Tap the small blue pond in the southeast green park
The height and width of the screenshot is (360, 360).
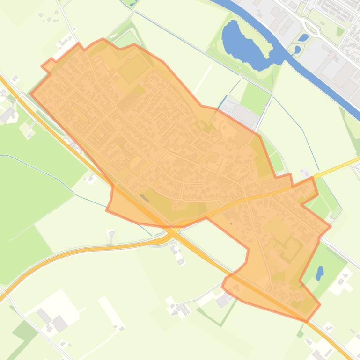coord(320,272)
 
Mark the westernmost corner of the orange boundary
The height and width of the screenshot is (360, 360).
coord(30,93)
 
